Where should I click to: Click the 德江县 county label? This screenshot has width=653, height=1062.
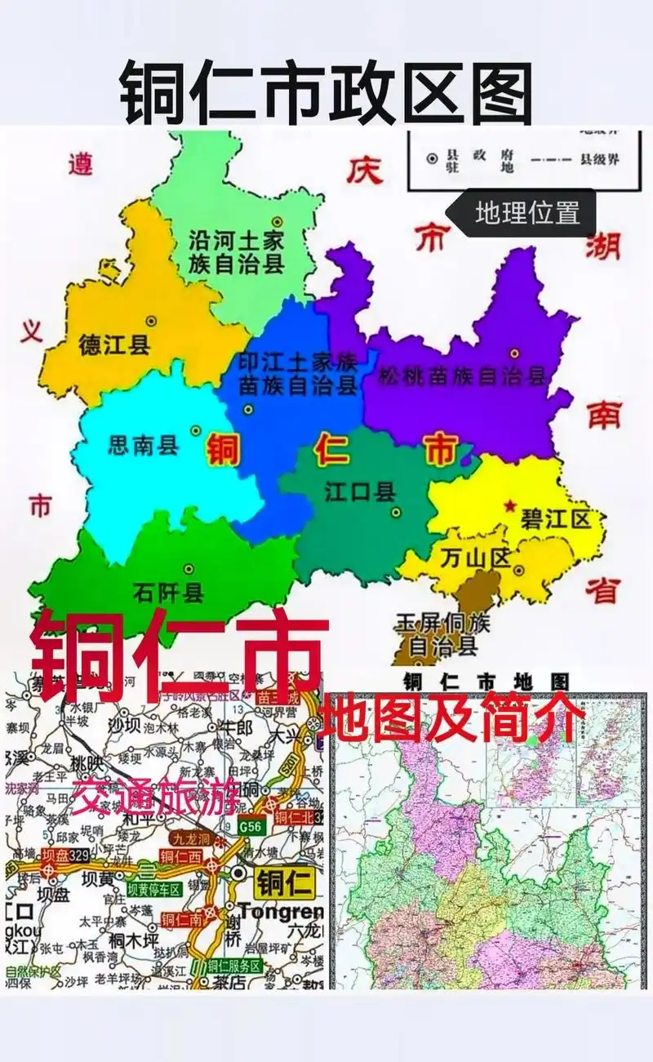tap(114, 345)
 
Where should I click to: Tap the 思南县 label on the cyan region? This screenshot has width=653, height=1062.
tap(143, 446)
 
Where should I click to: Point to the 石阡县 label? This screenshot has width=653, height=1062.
tap(168, 593)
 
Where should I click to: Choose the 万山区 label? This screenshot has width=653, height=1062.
tap(474, 558)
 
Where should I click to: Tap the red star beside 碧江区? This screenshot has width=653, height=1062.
tap(511, 505)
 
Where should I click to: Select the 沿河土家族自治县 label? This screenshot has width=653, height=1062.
tap(236, 251)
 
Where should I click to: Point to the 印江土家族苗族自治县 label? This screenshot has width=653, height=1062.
tap(297, 373)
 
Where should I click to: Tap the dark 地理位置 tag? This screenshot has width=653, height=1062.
tap(527, 213)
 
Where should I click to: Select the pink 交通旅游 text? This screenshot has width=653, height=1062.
tap(155, 797)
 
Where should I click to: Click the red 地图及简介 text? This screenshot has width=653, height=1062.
tap(454, 718)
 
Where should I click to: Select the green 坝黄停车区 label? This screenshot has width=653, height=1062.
tap(155, 890)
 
